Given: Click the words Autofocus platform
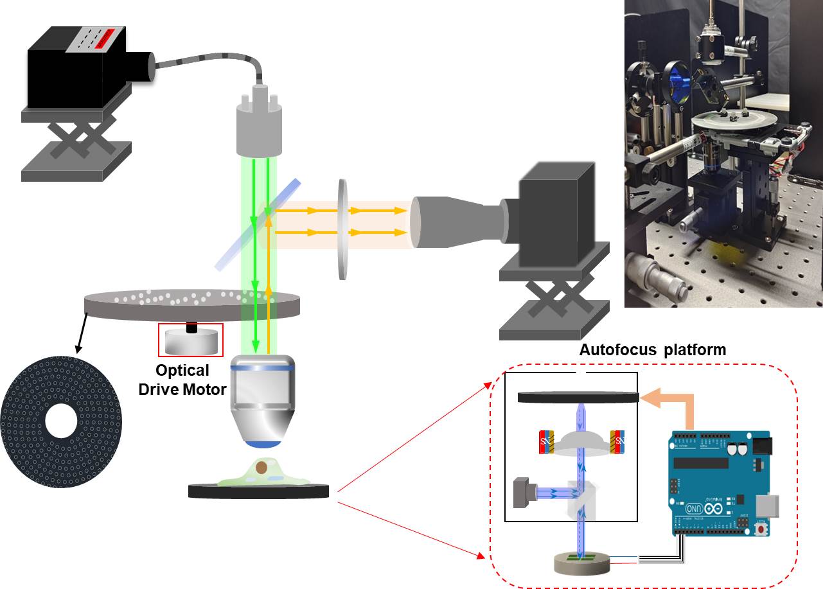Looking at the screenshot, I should [652, 350].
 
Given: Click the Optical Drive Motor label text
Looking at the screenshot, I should [183, 380].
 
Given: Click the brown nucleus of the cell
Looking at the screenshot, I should [261, 468].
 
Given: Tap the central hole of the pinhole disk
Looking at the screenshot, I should [61, 420].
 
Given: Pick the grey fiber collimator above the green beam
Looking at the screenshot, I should [260, 128].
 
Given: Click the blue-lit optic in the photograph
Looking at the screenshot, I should [678, 84].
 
